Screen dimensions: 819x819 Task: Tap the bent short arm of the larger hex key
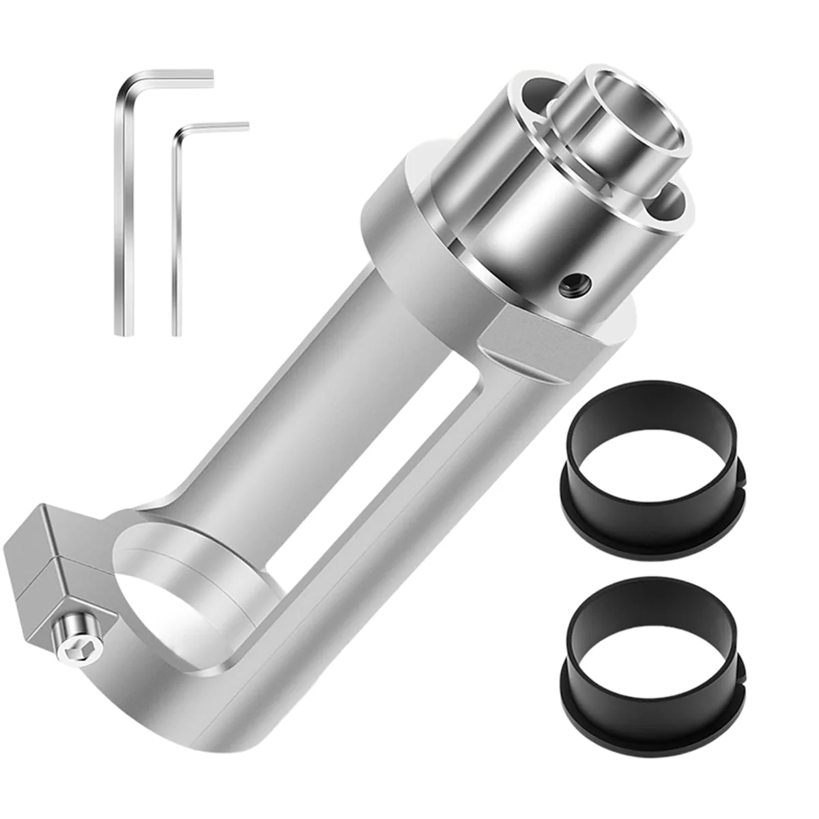click(x=177, y=75)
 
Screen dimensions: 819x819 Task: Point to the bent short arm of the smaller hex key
click(x=218, y=126)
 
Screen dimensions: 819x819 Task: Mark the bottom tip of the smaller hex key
click(x=176, y=332)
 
